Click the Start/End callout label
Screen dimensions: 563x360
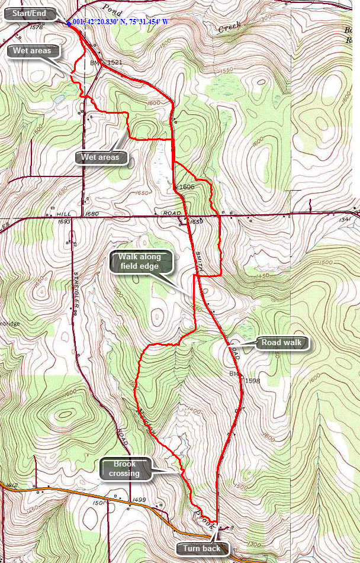(x=31, y=15)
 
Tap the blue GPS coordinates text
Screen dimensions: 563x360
(x=121, y=22)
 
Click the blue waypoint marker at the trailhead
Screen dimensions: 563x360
(x=69, y=24)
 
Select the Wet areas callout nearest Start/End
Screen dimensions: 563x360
(x=33, y=50)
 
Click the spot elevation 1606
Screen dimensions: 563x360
(x=187, y=186)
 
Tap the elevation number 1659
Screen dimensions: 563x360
(x=197, y=221)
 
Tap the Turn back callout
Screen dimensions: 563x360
(x=201, y=548)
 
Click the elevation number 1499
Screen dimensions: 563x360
(x=139, y=500)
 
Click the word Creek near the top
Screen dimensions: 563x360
(x=230, y=28)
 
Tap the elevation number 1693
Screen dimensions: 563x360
(x=65, y=221)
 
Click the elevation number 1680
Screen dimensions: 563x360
(x=92, y=214)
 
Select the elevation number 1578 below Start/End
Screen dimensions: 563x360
(x=36, y=27)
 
